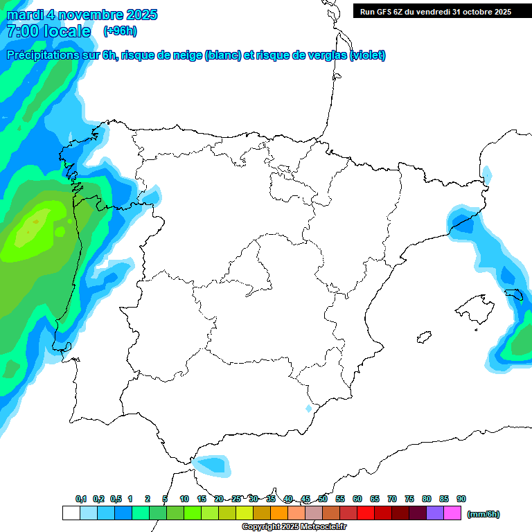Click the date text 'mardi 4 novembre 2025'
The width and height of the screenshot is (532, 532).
pyautogui.click(x=82, y=15)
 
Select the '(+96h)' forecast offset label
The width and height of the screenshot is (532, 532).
pyautogui.click(x=120, y=31)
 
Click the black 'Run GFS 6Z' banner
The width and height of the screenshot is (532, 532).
pyautogui.click(x=435, y=11)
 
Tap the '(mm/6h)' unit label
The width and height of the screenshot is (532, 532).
pyautogui.click(x=483, y=514)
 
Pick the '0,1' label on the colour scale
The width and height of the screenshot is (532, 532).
pyautogui.click(x=81, y=499)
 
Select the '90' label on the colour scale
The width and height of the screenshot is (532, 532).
pyautogui.click(x=461, y=499)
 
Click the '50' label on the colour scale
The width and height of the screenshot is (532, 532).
pyautogui.click(x=323, y=499)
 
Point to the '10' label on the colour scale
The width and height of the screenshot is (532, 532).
pyautogui.click(x=184, y=499)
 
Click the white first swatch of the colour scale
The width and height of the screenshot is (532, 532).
pyautogui.click(x=71, y=513)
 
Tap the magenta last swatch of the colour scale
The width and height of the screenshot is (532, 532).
pyautogui.click(x=452, y=513)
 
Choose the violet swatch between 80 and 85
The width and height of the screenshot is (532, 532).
pyautogui.click(x=435, y=513)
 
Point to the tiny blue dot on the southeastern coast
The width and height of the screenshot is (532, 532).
pyautogui.click(x=309, y=409)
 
